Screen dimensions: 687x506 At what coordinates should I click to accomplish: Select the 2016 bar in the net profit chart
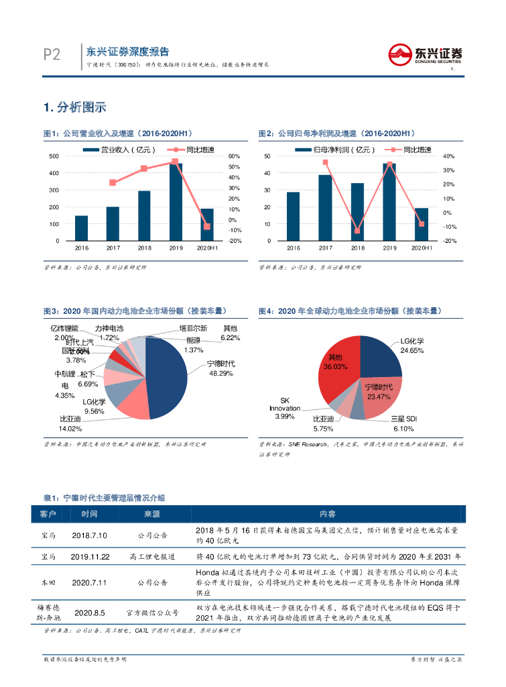pos(293,216)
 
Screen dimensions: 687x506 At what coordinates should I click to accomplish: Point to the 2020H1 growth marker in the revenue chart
pos(207,227)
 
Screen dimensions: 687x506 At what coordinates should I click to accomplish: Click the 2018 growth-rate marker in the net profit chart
pos(357,231)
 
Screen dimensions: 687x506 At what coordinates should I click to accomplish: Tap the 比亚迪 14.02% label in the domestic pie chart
pos(70,424)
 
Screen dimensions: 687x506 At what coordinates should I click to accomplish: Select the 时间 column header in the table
pos(89,514)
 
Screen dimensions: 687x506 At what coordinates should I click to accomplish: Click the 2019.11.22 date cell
pos(89,556)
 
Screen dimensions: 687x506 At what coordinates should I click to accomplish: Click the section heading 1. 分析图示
pos(74,107)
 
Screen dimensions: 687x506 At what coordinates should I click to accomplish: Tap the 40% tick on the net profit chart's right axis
pos(448,156)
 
